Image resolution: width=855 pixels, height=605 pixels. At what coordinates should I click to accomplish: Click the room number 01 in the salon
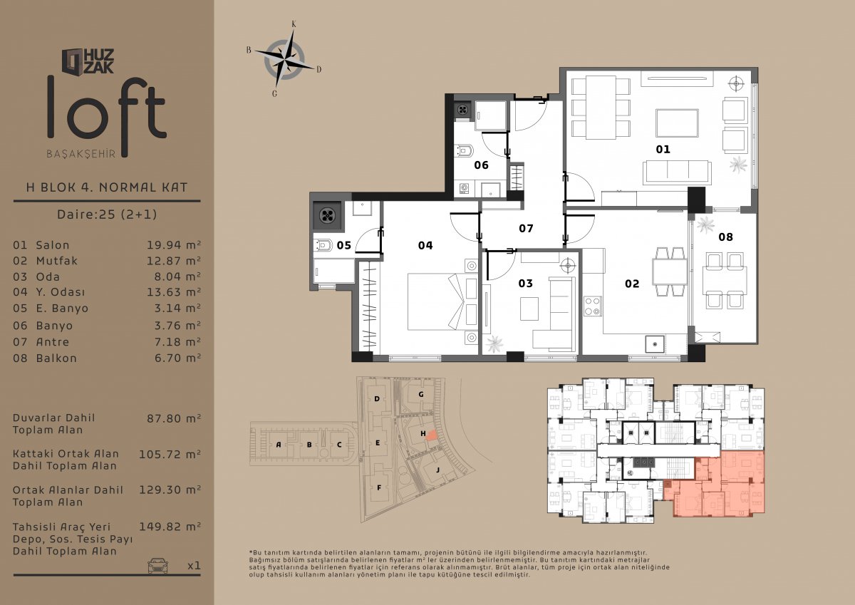(663, 149)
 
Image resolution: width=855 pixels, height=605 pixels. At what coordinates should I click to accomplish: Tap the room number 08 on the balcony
(725, 237)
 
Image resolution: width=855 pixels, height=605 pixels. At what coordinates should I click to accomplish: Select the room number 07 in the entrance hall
(526, 228)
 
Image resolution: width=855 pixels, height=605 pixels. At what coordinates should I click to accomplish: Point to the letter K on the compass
(294, 24)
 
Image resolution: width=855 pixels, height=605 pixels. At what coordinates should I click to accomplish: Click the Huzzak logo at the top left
(88, 61)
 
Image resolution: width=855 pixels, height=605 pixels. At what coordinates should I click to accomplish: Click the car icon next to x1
(157, 565)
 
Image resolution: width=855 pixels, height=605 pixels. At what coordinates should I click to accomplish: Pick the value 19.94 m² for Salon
(174, 245)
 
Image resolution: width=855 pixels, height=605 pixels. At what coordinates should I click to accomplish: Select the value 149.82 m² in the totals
(170, 527)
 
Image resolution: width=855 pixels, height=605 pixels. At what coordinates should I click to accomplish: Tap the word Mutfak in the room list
(57, 261)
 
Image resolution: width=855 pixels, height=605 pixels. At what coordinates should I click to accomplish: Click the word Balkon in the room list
(56, 358)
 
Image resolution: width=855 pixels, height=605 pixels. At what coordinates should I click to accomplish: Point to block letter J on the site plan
(437, 470)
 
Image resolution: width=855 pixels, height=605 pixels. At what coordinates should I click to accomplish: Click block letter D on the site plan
(377, 399)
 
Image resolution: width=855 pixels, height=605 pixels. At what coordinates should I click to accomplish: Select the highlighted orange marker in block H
(431, 435)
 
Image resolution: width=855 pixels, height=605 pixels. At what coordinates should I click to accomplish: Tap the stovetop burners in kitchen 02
(592, 306)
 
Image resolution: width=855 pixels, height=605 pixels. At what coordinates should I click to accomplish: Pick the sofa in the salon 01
(677, 172)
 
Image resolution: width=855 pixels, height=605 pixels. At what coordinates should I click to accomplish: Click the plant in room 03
(494, 343)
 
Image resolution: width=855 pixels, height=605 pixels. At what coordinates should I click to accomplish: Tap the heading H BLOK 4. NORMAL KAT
(107, 187)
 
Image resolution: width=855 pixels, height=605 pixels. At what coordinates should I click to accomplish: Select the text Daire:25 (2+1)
(107, 214)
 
